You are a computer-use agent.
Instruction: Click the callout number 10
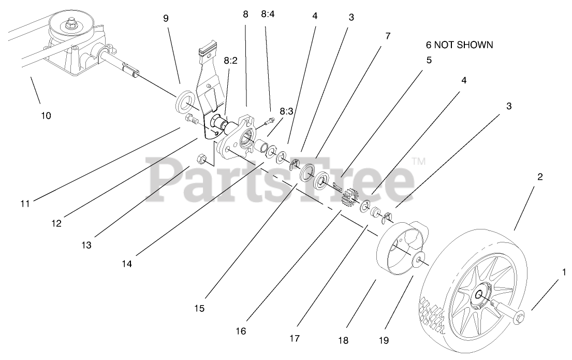(x=46, y=116)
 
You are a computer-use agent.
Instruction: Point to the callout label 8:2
(x=230, y=61)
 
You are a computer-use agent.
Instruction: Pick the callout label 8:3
(x=286, y=111)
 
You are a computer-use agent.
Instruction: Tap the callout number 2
(x=540, y=177)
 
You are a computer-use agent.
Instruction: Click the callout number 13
(x=86, y=245)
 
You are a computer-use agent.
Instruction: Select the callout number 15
(x=199, y=308)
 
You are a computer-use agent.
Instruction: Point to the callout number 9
(x=166, y=18)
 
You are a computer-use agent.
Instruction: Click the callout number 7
(x=388, y=36)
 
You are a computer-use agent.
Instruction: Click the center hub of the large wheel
(x=478, y=295)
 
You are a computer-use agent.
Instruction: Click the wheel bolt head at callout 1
(x=519, y=315)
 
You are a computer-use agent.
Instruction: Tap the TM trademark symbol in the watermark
(x=419, y=162)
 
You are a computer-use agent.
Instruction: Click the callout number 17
(x=295, y=339)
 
